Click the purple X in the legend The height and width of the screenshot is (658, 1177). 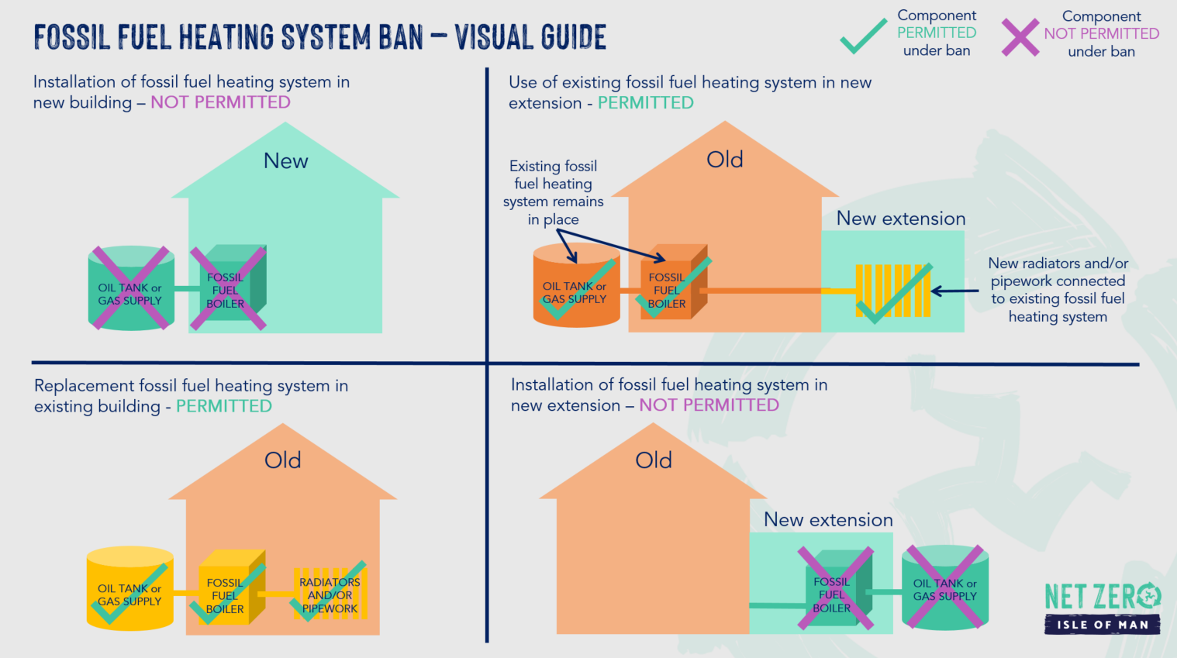click(1020, 37)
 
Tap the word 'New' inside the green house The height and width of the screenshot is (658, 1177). click(285, 160)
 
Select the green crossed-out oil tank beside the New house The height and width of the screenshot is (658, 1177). click(131, 288)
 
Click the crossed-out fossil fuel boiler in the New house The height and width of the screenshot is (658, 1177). click(228, 288)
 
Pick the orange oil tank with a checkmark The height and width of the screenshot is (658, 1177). click(576, 286)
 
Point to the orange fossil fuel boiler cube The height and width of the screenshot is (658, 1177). click(674, 282)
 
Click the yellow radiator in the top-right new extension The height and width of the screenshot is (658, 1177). click(892, 291)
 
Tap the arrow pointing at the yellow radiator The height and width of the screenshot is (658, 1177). click(954, 291)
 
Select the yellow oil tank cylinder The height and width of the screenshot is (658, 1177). click(129, 588)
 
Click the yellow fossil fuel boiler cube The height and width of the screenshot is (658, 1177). click(232, 587)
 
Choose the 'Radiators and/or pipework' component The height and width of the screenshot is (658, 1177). click(330, 594)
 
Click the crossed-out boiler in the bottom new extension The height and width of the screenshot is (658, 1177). click(836, 588)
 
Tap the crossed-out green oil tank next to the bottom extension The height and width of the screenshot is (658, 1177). click(944, 587)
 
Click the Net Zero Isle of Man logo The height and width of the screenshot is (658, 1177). click(1103, 608)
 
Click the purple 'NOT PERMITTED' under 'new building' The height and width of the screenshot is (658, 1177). click(220, 102)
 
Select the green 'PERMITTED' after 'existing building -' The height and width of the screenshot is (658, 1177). click(224, 406)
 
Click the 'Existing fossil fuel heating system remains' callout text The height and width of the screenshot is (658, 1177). click(554, 193)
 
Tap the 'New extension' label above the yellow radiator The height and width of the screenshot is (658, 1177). click(901, 219)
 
